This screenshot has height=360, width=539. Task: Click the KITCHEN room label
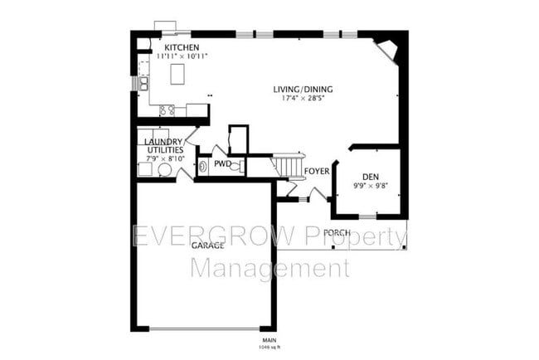(180, 47)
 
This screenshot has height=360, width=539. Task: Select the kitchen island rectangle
(177, 75)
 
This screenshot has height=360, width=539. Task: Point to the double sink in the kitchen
(143, 84)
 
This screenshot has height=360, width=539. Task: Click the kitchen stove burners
(166, 109)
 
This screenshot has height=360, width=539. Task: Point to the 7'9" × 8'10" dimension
(162, 158)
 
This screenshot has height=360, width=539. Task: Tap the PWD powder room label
(221, 164)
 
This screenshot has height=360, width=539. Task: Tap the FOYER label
(317, 172)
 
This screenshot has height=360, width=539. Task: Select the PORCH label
(336, 232)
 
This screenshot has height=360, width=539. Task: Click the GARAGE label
(206, 246)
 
